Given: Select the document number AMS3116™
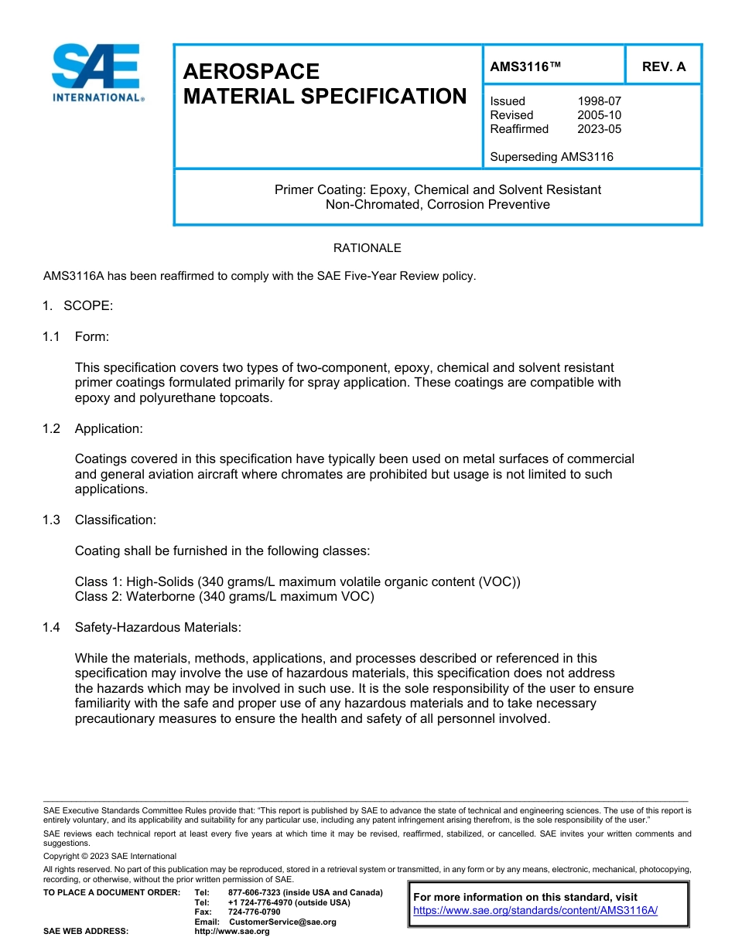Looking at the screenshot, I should coord(525,66).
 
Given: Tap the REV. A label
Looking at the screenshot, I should coord(663,66).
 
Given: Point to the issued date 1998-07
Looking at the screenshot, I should coord(599,101).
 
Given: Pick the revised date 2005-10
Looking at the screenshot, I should coord(599,115).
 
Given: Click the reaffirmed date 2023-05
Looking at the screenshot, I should coord(599,129).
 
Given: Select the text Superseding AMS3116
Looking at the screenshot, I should coord(551,157).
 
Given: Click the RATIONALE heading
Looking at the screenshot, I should coord(367,248).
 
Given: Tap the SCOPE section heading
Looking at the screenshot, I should coord(88,305).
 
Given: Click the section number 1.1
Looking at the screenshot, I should coord(51,336).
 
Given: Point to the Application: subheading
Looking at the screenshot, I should coord(108,428).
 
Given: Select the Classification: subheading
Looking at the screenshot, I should coord(115,520).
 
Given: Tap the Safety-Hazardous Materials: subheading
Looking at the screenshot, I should coord(158,628).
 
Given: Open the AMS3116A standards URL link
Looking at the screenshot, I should coord(535,911).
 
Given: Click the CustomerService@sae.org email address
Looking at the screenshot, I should coord(282,922).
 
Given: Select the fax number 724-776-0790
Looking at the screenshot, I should coord(255,912).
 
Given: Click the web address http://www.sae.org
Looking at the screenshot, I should coord(232,932).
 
